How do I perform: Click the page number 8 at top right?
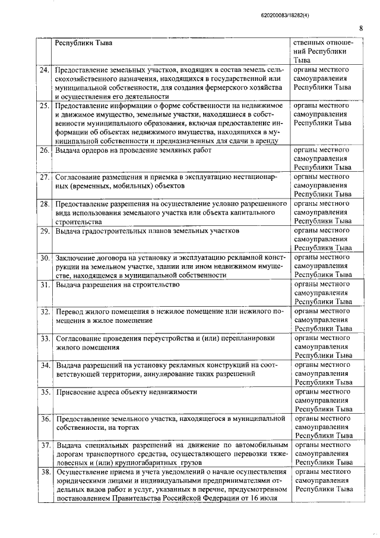(360, 27)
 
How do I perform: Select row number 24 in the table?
(45, 70)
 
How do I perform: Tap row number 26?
(45, 150)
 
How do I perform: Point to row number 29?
(45, 231)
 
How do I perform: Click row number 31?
(45, 285)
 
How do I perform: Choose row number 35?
(45, 392)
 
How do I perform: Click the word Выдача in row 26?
(69, 150)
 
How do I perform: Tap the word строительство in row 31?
(157, 285)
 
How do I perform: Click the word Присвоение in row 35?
(78, 392)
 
